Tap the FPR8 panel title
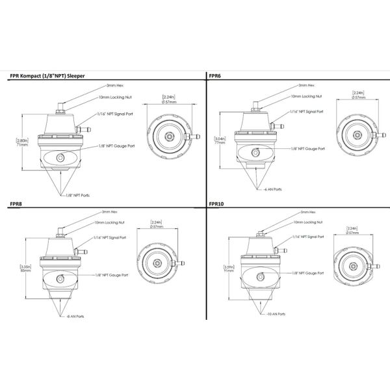[x=17, y=203]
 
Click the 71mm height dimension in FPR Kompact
[x=21, y=145]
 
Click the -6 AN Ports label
[x=272, y=190]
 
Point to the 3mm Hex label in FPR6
[x=307, y=84]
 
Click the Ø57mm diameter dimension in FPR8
[x=156, y=227]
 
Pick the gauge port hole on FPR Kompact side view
[x=60, y=157]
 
